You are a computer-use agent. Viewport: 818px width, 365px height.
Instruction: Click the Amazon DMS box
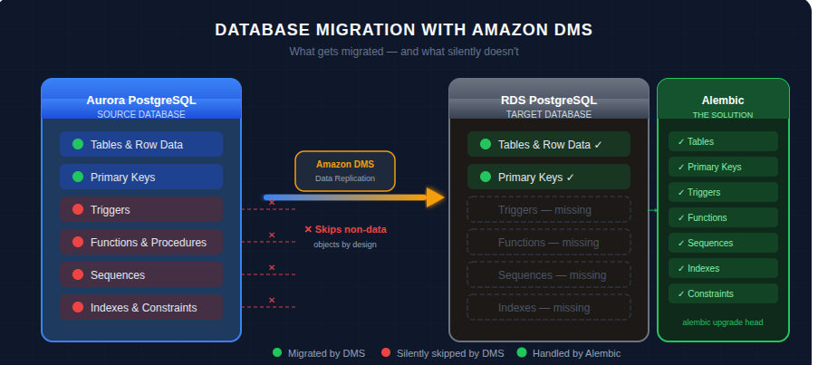click(345, 170)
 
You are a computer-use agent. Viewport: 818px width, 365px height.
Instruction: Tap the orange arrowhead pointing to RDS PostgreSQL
click(436, 197)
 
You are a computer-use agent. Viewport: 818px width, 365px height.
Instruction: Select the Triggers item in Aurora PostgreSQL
click(141, 210)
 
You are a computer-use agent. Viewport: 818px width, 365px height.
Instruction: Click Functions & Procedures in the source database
click(141, 243)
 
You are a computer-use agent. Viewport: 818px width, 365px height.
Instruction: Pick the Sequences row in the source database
click(141, 275)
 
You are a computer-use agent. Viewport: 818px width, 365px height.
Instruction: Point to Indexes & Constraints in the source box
click(141, 308)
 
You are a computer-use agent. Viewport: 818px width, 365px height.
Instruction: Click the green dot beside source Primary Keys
click(78, 178)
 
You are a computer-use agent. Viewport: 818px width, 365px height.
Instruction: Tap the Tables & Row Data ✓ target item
click(548, 145)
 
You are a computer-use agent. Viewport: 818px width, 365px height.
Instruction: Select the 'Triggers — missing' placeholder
click(548, 210)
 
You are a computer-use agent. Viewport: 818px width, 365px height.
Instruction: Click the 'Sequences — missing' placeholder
click(548, 275)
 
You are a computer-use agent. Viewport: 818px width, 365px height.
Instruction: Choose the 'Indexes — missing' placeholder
click(548, 308)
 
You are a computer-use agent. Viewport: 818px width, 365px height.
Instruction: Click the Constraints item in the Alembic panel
click(723, 294)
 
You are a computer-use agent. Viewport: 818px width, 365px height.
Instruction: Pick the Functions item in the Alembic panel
click(723, 218)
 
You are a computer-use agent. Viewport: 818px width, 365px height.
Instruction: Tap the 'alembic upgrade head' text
click(723, 322)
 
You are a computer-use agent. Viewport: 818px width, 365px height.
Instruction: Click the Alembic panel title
click(723, 101)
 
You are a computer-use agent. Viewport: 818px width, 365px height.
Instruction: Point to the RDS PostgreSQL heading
click(548, 101)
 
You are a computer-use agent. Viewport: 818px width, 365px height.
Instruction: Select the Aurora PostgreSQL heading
click(141, 101)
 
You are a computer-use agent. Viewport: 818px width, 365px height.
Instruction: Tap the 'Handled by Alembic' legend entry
click(575, 353)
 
